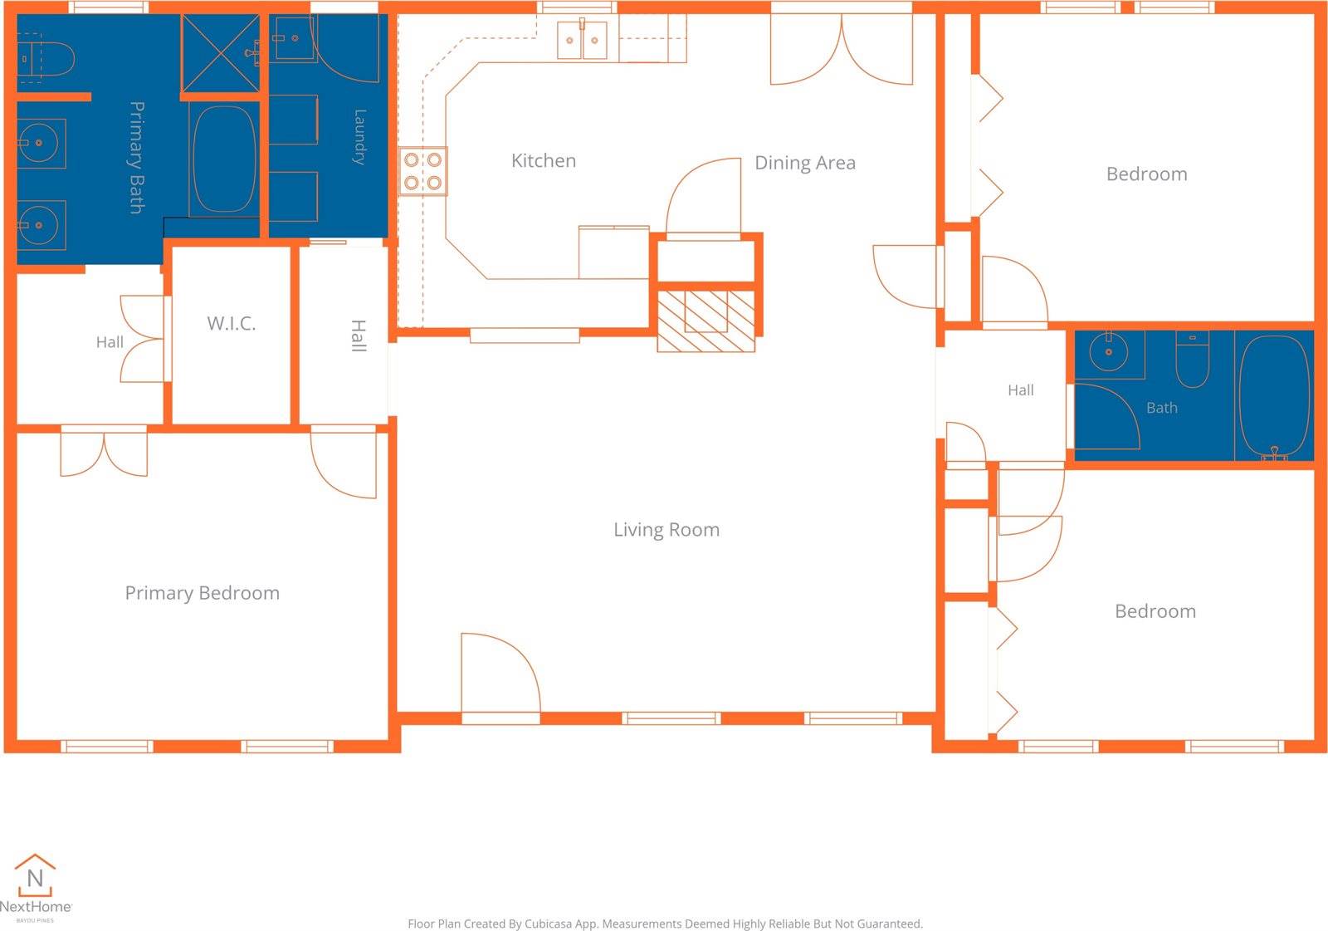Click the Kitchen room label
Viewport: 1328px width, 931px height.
(543, 161)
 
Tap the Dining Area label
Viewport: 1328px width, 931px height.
(804, 163)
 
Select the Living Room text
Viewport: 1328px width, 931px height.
(666, 530)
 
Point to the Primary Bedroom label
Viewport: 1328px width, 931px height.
(203, 593)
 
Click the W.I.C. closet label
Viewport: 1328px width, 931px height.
(232, 323)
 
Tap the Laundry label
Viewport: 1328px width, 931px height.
(359, 137)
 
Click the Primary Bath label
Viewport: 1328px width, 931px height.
(137, 157)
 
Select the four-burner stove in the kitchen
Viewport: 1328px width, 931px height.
(422, 171)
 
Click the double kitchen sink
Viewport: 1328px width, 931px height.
(582, 40)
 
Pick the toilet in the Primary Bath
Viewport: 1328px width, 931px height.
(46, 58)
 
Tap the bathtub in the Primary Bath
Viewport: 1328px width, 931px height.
(225, 159)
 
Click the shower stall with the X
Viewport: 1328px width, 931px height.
(221, 53)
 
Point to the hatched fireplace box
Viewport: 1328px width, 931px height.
(706, 321)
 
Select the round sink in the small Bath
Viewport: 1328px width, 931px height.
(1109, 352)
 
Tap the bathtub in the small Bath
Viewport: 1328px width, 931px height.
(1274, 396)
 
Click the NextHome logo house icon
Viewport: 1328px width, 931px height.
(35, 875)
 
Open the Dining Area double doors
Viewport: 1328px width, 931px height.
(842, 50)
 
